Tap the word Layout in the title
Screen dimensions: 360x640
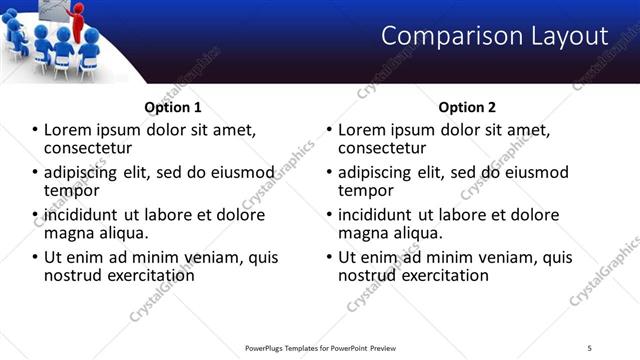(565, 37)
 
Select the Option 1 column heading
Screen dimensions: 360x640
(173, 107)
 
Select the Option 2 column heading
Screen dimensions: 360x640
(467, 107)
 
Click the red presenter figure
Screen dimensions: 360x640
(77, 20)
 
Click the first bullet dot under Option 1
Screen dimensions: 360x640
(35, 130)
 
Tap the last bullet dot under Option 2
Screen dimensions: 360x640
(329, 257)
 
